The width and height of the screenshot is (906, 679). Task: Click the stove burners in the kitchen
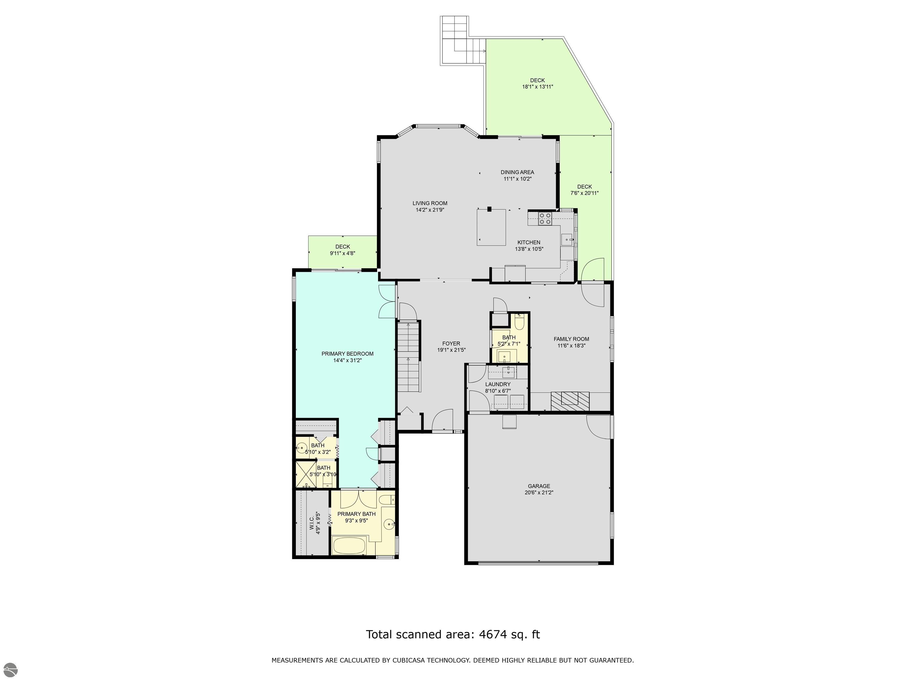pos(545,219)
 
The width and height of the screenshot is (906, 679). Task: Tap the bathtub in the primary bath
pos(349,545)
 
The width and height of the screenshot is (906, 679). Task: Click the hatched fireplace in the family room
pos(570,401)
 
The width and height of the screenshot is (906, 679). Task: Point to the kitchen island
pos(491,227)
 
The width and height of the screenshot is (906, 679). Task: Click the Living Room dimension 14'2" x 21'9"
pos(430,210)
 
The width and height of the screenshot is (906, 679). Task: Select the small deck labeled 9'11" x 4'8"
pos(342,252)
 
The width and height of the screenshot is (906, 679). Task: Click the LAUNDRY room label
pos(498,384)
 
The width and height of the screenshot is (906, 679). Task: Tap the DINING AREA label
pos(517,172)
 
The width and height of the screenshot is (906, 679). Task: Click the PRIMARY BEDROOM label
pos(347,354)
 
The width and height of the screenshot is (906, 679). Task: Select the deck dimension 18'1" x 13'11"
pos(537,87)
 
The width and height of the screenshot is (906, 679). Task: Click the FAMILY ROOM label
pos(571,339)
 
